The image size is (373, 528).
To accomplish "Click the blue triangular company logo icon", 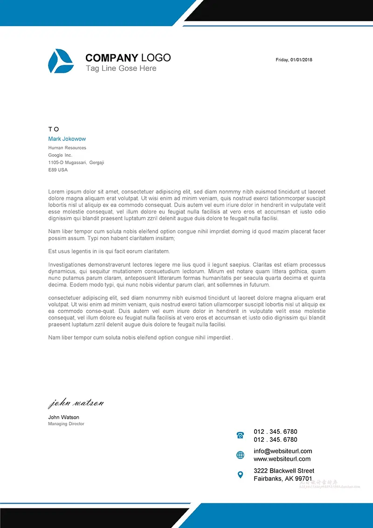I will pos(61,61).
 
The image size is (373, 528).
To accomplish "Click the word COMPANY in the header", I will pos(111,58).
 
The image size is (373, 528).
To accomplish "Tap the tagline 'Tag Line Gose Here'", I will pos(121,69).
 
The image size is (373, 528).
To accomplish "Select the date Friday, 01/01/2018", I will pos(294,60).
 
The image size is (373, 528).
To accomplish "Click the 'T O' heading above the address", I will pos(54,129).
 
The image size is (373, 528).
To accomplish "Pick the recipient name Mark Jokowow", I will pos(67,139).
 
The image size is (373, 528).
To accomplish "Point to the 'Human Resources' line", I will pos(67,148).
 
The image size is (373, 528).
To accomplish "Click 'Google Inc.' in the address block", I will pos(60,155).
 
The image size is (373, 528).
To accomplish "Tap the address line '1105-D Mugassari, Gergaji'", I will pos(76,162).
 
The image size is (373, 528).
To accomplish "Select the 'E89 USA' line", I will pos(58,170).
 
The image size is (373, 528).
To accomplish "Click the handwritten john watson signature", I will pos(76,403).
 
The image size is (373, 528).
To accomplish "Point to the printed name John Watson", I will pos(63,417).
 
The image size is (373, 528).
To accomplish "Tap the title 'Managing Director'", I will pos(66,424).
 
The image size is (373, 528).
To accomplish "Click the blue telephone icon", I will pos(240,435).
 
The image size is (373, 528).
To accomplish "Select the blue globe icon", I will pos(240,455).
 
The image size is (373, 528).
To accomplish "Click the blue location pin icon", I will pos(240,475).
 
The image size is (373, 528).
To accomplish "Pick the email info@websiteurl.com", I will pos(283,451).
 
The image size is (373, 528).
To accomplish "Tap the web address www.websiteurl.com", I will pos(282,459).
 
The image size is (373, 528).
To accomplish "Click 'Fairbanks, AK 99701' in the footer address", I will pos(283,479).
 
